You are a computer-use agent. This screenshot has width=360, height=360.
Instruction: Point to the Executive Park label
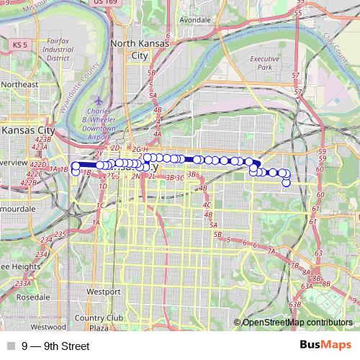[x=264, y=63]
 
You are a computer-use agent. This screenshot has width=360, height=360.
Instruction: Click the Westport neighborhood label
[x=103, y=292]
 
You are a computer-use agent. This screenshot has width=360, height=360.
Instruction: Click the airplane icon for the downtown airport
[x=99, y=102]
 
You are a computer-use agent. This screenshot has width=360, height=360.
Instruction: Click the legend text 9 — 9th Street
[x=55, y=346]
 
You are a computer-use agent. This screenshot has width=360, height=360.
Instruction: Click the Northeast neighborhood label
[x=19, y=84]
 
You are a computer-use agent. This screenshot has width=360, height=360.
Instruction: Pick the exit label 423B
[x=43, y=139]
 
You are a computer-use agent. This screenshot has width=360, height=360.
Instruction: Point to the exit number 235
[x=60, y=235]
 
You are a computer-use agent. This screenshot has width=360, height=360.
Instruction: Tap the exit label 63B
[x=294, y=305]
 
